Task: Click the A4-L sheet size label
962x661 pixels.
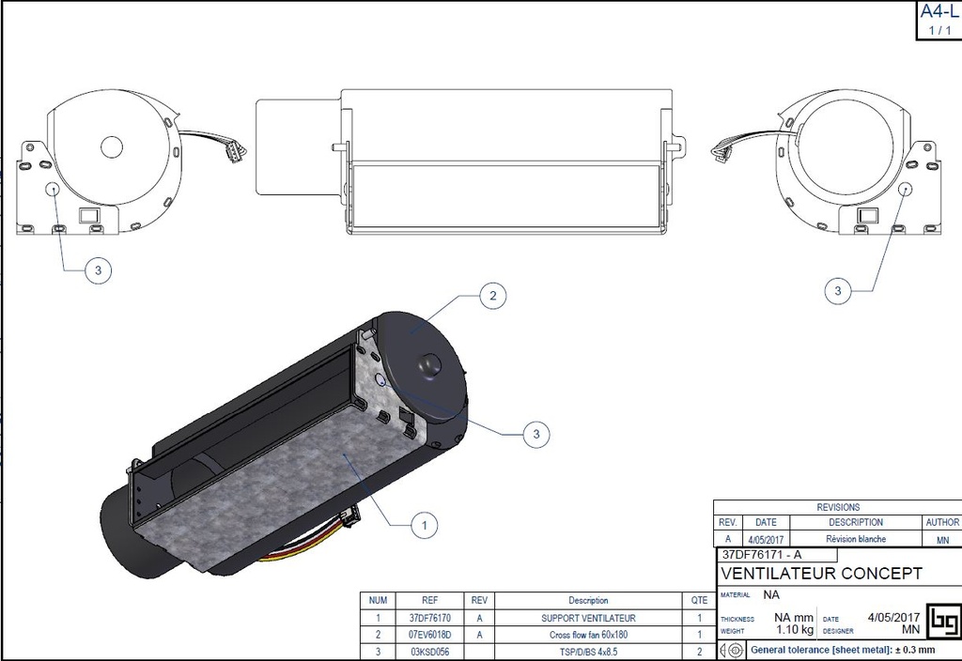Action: [939, 12]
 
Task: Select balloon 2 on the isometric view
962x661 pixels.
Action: [491, 296]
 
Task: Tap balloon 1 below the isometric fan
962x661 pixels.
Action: [426, 526]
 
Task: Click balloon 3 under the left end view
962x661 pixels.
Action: [98, 271]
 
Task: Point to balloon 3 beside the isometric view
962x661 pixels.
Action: [535, 434]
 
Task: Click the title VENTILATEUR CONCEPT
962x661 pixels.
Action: [821, 574]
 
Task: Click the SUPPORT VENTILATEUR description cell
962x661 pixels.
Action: [588, 618]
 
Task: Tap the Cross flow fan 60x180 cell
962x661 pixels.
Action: [588, 635]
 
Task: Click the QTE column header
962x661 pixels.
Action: [698, 600]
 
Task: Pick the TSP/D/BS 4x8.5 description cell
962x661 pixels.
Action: [588, 652]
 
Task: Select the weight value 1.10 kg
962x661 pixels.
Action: [792, 631]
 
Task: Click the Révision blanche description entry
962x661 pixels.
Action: [856, 539]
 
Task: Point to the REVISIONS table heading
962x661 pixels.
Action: [837, 507]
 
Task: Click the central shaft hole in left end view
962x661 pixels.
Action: [112, 146]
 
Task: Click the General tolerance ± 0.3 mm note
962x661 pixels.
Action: [842, 650]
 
